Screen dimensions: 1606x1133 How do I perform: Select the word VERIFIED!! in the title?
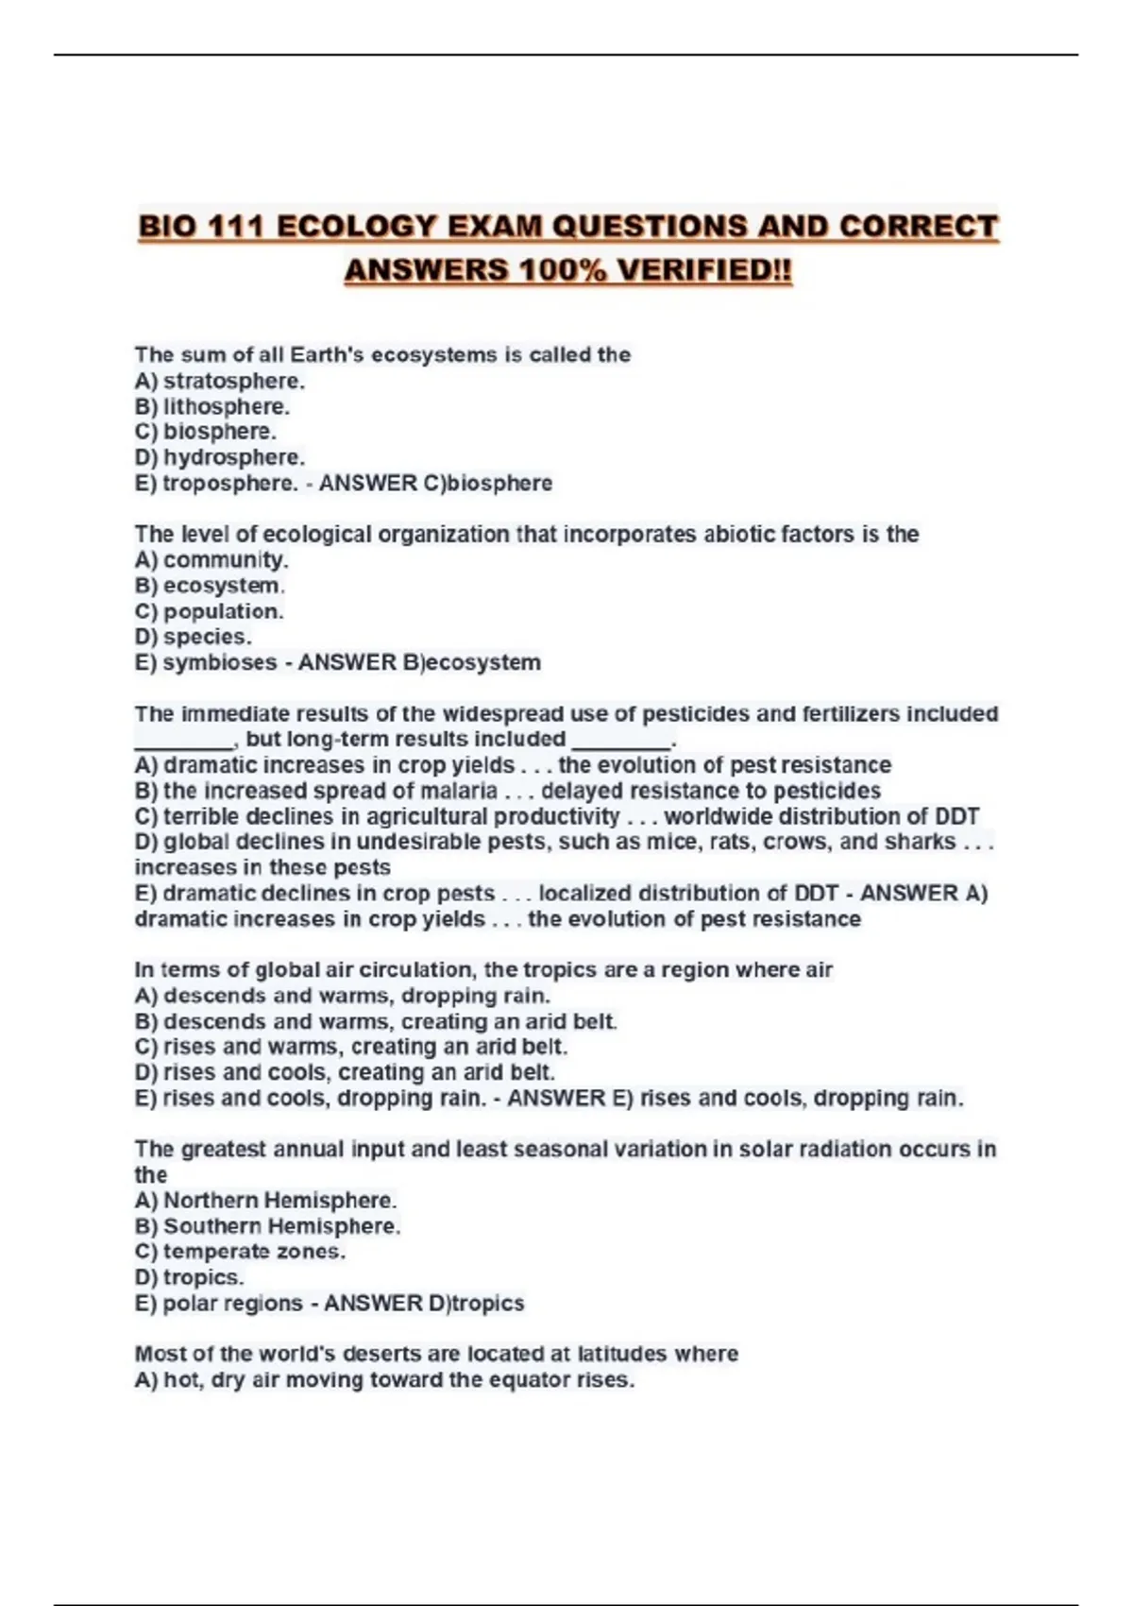pyautogui.click(x=703, y=271)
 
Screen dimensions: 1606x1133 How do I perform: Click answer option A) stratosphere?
pyautogui.click(x=220, y=382)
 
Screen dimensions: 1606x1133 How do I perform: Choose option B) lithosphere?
pyautogui.click(x=212, y=407)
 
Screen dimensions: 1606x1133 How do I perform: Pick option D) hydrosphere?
pyautogui.click(x=220, y=458)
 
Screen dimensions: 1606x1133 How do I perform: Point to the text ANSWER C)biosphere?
pyautogui.click(x=435, y=484)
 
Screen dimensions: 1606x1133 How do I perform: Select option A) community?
pyautogui.click(x=211, y=560)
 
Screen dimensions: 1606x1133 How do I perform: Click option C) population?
pyautogui.click(x=209, y=612)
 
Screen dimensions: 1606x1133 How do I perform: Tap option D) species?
pyautogui.click(x=193, y=638)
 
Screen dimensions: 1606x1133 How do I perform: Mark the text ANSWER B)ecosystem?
pyautogui.click(x=419, y=663)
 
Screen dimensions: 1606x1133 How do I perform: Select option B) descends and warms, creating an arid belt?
pyautogui.click(x=376, y=1022)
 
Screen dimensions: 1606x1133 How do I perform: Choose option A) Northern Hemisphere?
pyautogui.click(x=265, y=1201)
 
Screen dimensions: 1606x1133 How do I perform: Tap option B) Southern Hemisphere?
pyautogui.click(x=267, y=1226)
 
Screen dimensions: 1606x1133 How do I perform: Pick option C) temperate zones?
pyautogui.click(x=240, y=1252)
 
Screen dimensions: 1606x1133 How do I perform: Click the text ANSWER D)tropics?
pyautogui.click(x=424, y=1304)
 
